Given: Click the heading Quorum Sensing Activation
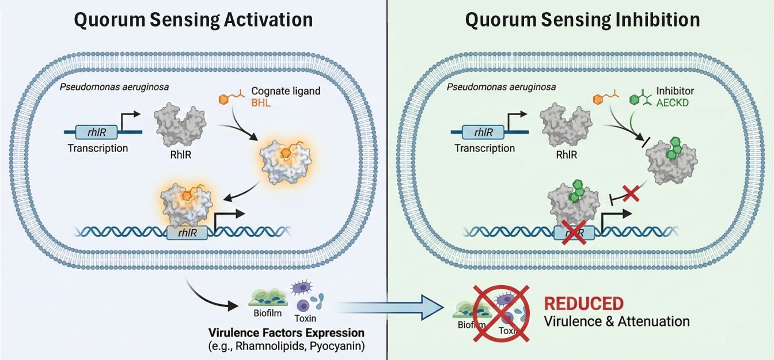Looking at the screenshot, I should [x=193, y=19].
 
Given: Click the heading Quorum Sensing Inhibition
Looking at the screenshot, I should [x=582, y=19].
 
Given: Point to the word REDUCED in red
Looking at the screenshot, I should [x=583, y=304].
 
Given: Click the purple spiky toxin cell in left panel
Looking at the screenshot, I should [x=301, y=288].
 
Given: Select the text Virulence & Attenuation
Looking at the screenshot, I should [x=616, y=321].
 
